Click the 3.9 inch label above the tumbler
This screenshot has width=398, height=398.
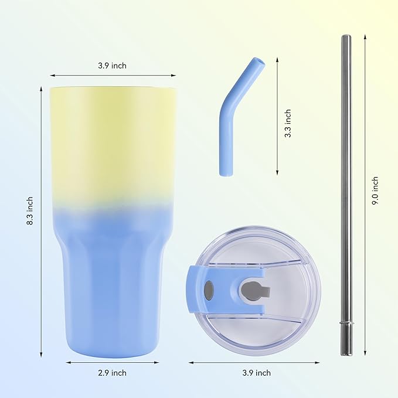[x=112, y=66]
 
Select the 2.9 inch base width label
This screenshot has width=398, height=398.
[x=112, y=373]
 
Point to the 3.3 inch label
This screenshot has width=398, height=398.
[x=287, y=123]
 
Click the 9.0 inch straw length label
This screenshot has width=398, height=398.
[x=375, y=191]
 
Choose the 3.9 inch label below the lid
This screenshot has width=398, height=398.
[x=256, y=373]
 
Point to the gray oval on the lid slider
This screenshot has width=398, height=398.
[x=209, y=289]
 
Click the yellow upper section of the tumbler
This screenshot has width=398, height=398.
[x=113, y=141]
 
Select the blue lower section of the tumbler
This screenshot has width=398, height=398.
[x=113, y=281]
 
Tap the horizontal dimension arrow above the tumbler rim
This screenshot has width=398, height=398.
[x=113, y=76]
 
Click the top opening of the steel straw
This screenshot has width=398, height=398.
[x=346, y=37]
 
